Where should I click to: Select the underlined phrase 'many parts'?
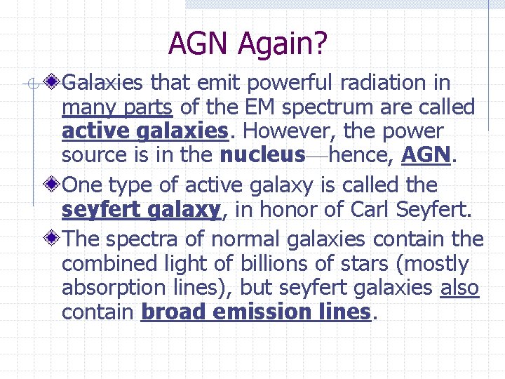118,108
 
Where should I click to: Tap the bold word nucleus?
262,154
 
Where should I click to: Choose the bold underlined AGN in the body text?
425,154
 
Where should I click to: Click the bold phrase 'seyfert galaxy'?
141,210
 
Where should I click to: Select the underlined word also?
459,288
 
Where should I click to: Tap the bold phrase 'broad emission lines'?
255,312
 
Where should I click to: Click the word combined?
109,264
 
